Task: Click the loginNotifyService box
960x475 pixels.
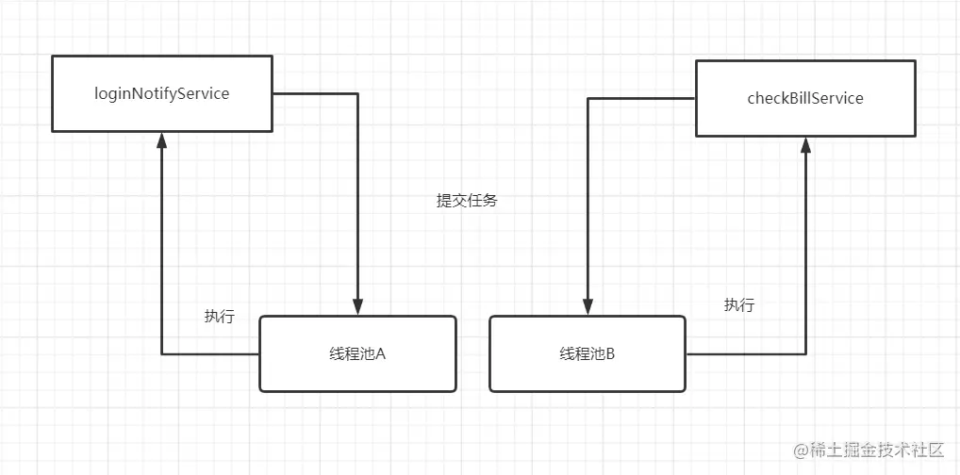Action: pyautogui.click(x=162, y=93)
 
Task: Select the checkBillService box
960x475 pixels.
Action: pyautogui.click(x=805, y=98)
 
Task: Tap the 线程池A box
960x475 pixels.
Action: pyautogui.click(x=357, y=353)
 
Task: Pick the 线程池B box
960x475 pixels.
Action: pyautogui.click(x=588, y=353)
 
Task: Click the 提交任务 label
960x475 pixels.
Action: pyautogui.click(x=466, y=201)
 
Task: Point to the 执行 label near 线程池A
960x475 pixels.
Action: pyautogui.click(x=220, y=317)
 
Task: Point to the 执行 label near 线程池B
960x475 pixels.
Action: pyautogui.click(x=739, y=304)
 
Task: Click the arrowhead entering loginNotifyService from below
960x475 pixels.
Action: pyautogui.click(x=162, y=139)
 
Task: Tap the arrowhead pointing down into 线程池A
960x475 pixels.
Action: pyautogui.click(x=357, y=308)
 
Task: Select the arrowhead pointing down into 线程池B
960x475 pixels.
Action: pyautogui.click(x=588, y=308)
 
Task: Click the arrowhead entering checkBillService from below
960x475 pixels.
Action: pyautogui.click(x=805, y=144)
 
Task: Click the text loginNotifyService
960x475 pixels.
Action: pyautogui.click(x=162, y=93)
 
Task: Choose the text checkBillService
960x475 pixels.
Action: pyautogui.click(x=805, y=98)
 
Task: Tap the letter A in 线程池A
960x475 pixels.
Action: pyautogui.click(x=382, y=354)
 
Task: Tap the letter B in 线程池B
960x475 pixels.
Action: pyautogui.click(x=610, y=354)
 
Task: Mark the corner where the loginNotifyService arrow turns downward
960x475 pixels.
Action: pyautogui.click(x=357, y=93)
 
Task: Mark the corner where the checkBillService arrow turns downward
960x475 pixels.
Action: pyautogui.click(x=588, y=98)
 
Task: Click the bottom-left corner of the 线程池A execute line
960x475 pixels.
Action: pyautogui.click(x=162, y=353)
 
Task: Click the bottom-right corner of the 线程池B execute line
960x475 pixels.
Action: pyautogui.click(x=805, y=353)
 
